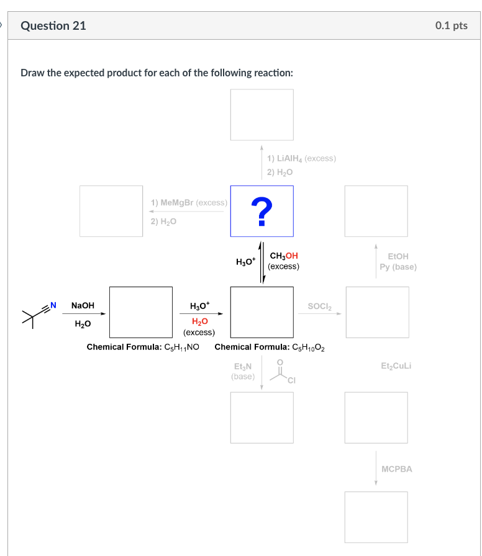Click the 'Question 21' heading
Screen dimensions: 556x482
tap(53, 25)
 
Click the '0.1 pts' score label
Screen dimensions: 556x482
tap(451, 25)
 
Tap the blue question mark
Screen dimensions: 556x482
tap(262, 211)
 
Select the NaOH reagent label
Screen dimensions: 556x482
tap(83, 305)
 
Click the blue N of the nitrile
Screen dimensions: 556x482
tap(53, 305)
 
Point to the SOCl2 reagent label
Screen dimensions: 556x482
tap(320, 306)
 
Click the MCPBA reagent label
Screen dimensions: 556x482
tap(396, 469)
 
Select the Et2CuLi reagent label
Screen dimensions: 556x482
tap(396, 366)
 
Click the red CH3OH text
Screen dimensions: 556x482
tap(284, 256)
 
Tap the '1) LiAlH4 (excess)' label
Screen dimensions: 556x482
tap(302, 158)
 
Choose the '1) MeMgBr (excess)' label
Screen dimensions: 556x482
tap(189, 203)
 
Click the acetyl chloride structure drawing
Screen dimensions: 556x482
tap(281, 372)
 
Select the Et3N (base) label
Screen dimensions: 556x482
tap(242, 371)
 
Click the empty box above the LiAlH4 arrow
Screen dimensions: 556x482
tap(262, 115)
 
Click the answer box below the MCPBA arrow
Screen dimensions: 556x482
tap(376, 516)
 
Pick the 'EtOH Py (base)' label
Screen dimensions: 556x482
tap(398, 261)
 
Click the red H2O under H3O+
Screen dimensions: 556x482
tap(199, 321)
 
